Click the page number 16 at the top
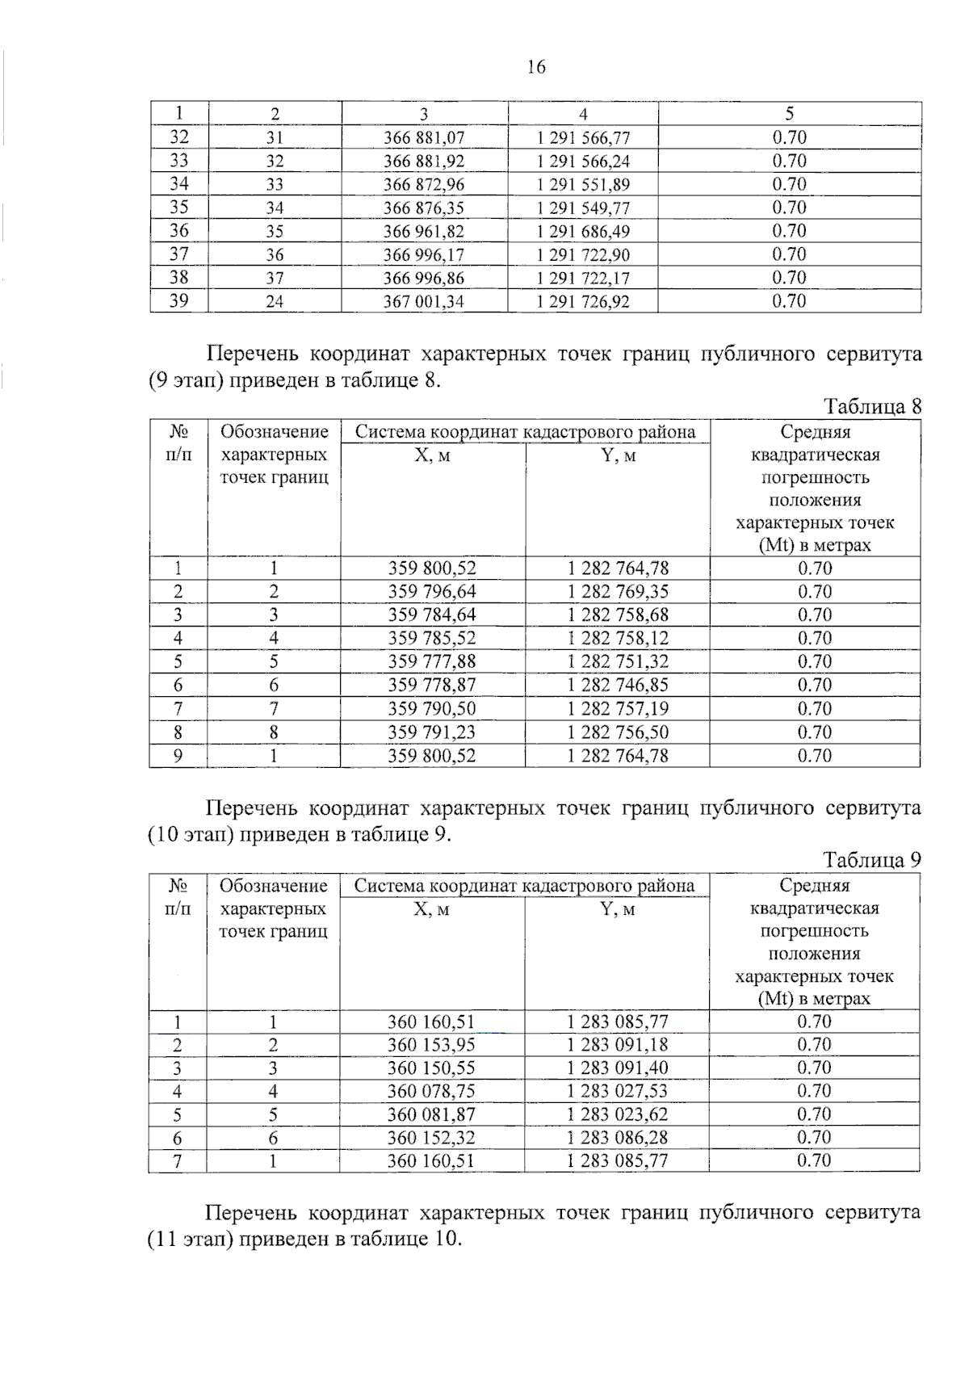(536, 67)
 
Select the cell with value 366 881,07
(424, 138)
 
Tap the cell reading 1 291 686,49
(583, 232)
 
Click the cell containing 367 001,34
(424, 302)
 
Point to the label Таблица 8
(872, 406)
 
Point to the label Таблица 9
(872, 860)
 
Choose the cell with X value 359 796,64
(432, 592)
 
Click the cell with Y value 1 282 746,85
(618, 686)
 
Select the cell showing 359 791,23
(432, 732)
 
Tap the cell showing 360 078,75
(431, 1091)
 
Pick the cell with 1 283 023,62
(617, 1114)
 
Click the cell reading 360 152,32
(431, 1138)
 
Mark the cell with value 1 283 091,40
(617, 1068)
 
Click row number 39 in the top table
(178, 301)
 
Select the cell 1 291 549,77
(583, 208)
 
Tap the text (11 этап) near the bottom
(191, 1239)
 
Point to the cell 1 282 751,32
(618, 662)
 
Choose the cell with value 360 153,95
(431, 1044)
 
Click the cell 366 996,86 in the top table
(424, 279)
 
